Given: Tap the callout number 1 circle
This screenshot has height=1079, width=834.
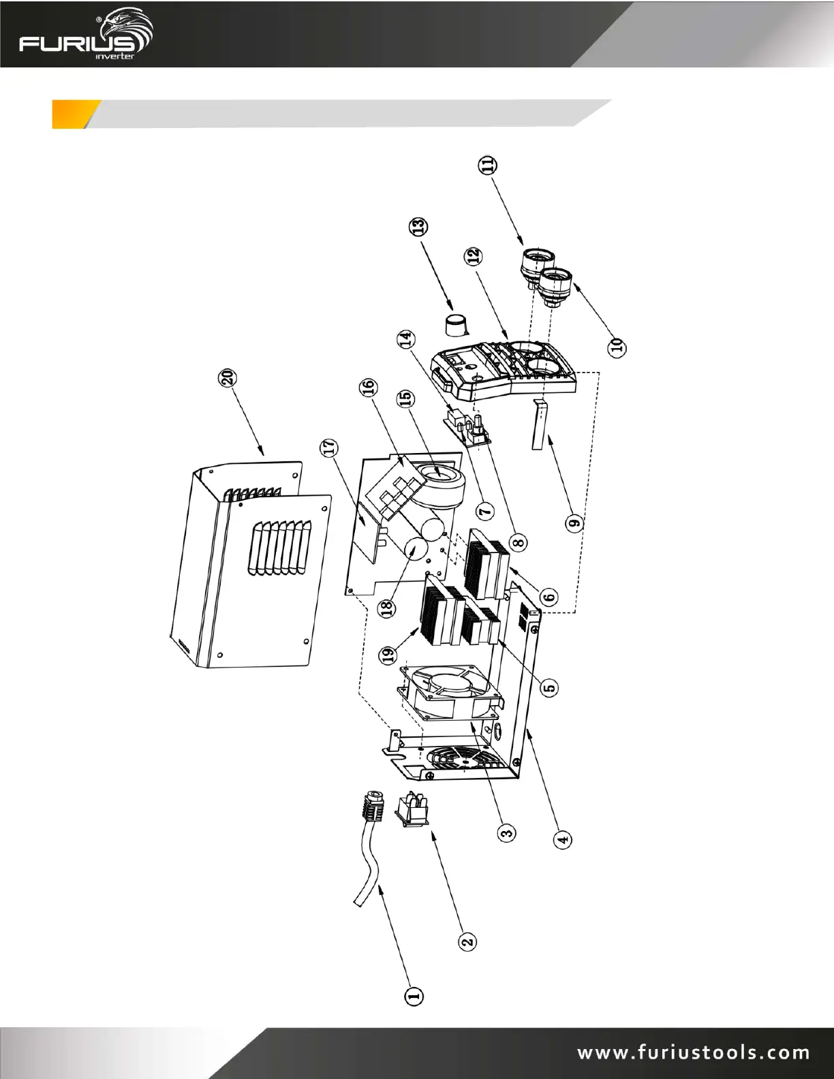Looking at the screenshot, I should click(x=412, y=997).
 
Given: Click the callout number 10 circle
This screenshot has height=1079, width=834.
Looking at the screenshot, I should click(x=617, y=345).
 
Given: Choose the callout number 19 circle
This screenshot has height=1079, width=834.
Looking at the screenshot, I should click(x=388, y=655).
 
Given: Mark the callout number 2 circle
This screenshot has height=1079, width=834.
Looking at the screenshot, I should click(x=467, y=941).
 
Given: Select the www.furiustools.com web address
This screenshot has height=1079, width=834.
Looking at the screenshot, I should click(x=694, y=1052).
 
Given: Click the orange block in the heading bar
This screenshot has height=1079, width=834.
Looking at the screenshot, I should click(x=70, y=114).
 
